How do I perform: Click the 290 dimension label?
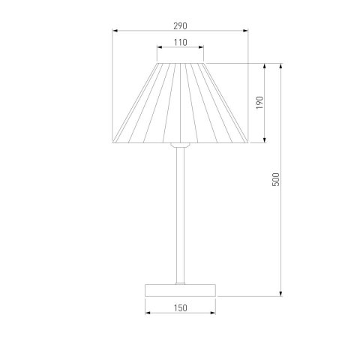pos(180,26)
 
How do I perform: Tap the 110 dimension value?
pos(180,43)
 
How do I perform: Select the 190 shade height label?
pos(260,103)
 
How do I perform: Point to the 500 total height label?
pos(276,179)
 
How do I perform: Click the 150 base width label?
pos(180,308)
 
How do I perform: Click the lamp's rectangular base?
pos(180,290)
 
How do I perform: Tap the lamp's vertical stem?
pos(180,215)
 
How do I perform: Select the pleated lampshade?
pos(180,103)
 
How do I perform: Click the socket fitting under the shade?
pos(180,145)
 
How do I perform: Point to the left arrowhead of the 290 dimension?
pos(115,31)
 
